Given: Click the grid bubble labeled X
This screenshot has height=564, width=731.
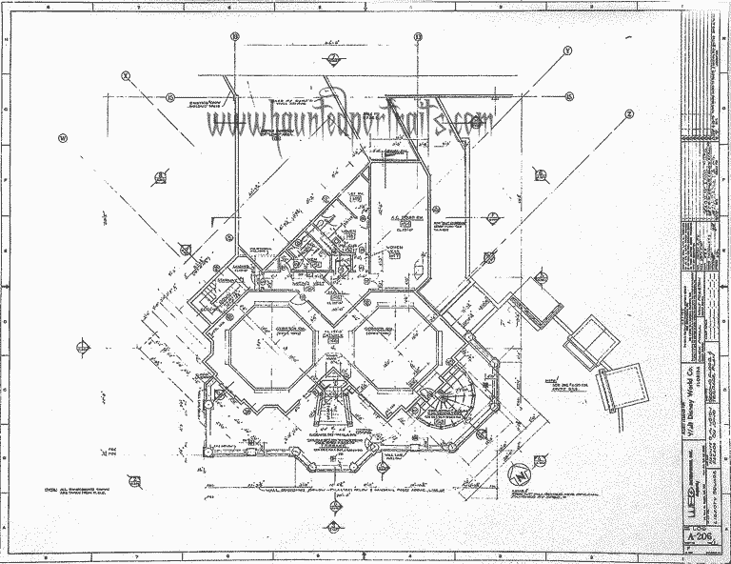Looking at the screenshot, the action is tap(126, 74).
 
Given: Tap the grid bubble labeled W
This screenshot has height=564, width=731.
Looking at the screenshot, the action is tap(63, 136).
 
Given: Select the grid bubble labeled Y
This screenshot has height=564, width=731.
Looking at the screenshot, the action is tap(567, 50).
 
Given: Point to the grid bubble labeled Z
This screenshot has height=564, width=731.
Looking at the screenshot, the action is tap(629, 113).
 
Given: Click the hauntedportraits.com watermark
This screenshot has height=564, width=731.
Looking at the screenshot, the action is tap(352, 121).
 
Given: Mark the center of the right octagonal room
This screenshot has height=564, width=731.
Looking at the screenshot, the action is tap(393, 350).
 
